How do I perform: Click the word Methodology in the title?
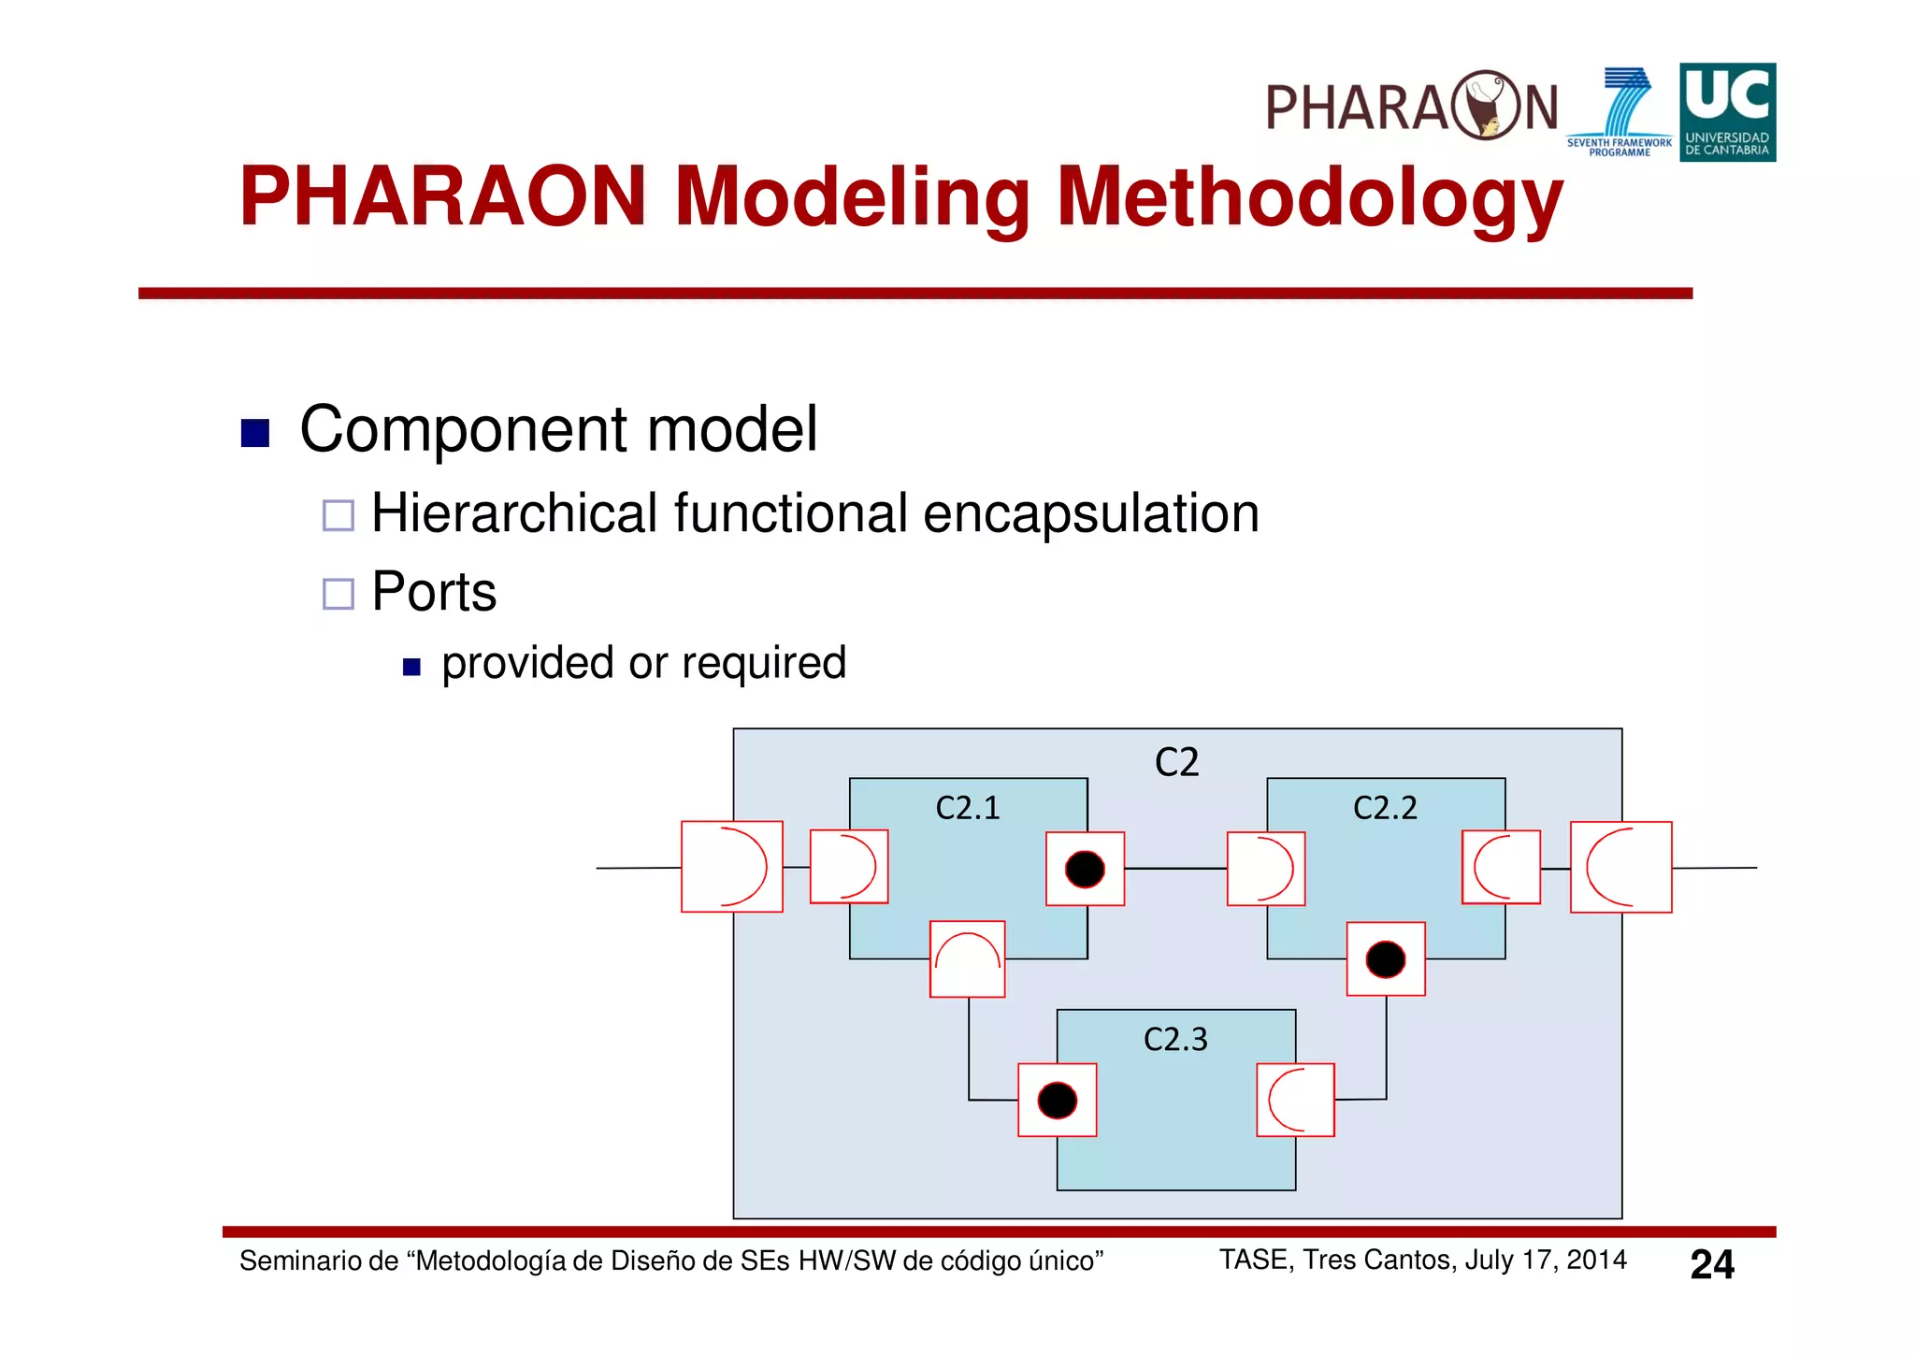(x=1309, y=198)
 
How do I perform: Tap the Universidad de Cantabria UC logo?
(x=1727, y=112)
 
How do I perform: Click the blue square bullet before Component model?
(x=255, y=433)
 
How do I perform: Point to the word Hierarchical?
(x=514, y=514)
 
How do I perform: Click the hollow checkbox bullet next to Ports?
(x=338, y=593)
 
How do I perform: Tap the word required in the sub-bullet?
(x=764, y=663)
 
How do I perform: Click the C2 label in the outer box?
(x=1175, y=762)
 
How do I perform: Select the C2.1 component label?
(x=968, y=808)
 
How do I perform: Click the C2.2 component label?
(x=1385, y=808)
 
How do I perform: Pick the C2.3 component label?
(x=1175, y=1039)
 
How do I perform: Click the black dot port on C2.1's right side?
(x=1085, y=869)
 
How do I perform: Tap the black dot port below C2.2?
(x=1386, y=959)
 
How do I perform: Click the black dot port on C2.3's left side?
(x=1058, y=1100)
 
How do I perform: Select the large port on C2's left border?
(x=732, y=867)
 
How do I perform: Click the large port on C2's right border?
(x=1620, y=867)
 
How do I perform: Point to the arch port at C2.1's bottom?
(x=968, y=959)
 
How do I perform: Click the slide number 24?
(x=1711, y=1264)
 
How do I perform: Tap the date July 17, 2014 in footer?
(x=1545, y=1260)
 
